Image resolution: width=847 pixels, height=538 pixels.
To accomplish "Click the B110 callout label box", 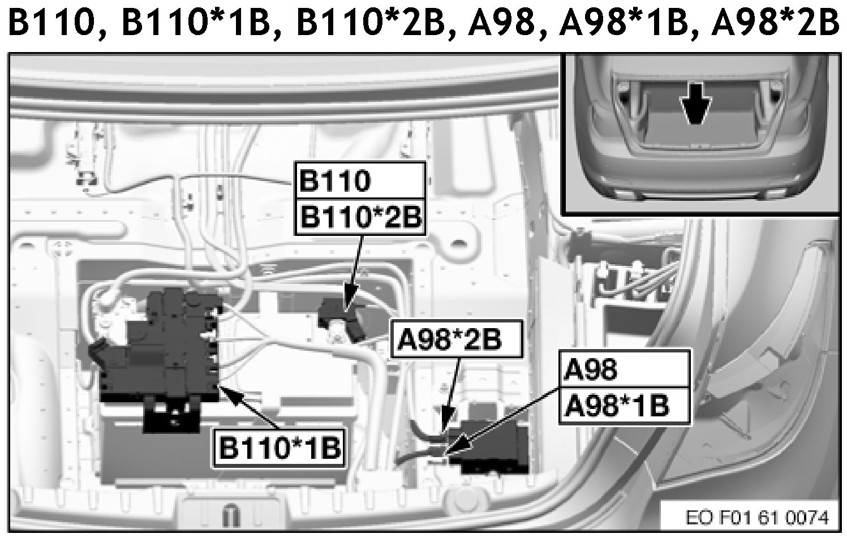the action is click(359, 180).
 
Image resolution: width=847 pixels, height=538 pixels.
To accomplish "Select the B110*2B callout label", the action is click(359, 216).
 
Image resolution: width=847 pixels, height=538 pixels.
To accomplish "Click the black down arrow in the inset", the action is click(695, 106).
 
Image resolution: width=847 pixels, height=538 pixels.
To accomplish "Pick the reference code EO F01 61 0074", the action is click(758, 517).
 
